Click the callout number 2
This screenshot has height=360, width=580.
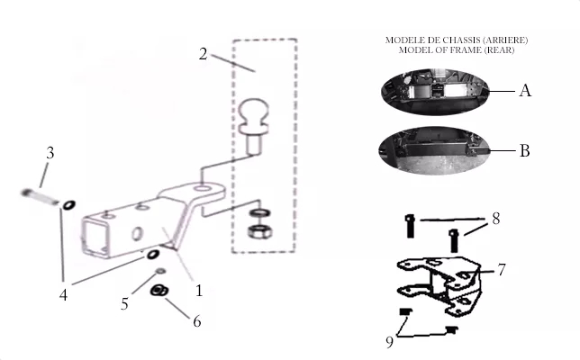pos(203,54)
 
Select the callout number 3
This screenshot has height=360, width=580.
pos(50,153)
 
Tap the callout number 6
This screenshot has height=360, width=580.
pos(197,321)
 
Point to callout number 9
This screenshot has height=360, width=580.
pos(389,342)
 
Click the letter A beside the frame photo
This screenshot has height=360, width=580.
pos(525,90)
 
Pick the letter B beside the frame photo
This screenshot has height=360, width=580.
pos(524,150)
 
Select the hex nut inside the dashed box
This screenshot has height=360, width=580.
pos(259,231)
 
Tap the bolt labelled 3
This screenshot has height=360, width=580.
pos(40,197)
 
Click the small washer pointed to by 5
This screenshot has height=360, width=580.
pos(160,271)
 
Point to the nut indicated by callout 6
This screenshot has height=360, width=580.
pos(159,290)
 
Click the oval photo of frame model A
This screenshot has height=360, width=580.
pos(435,91)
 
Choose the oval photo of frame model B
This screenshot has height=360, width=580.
pos(435,150)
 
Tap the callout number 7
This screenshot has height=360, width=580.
pos(502,270)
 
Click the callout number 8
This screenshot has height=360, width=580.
pos(496,219)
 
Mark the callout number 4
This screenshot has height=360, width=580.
pos(63,295)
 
